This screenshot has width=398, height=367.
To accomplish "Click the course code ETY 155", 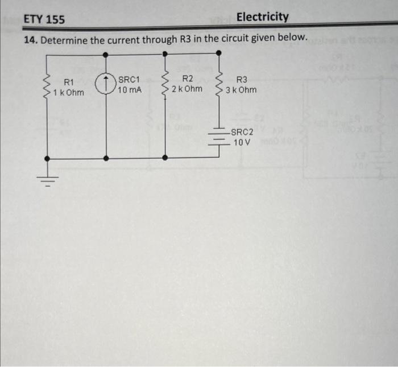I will click(x=44, y=20).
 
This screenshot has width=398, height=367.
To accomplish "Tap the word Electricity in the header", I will click(x=262, y=17).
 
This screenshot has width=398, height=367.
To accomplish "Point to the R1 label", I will click(x=69, y=83).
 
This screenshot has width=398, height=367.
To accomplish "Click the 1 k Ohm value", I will click(x=68, y=92).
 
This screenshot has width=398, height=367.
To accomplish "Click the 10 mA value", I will click(x=130, y=89).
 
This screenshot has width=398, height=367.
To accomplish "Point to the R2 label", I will click(x=188, y=79).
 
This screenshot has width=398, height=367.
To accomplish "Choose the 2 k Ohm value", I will click(x=187, y=89).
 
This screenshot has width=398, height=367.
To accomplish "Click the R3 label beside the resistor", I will click(x=242, y=80).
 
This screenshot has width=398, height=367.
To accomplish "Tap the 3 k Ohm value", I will click(x=241, y=90).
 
